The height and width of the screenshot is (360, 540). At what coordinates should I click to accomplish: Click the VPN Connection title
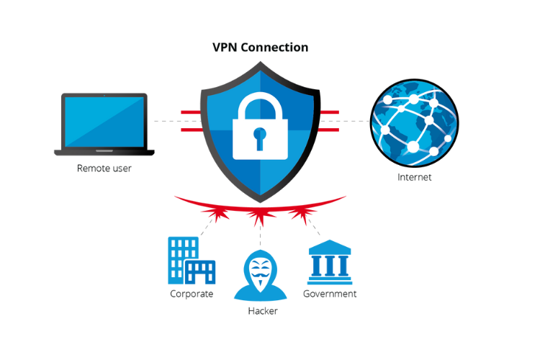click(x=260, y=48)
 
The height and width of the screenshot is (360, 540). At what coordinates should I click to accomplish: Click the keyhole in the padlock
click(x=259, y=136)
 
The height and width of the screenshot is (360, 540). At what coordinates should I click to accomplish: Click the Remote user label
click(x=104, y=168)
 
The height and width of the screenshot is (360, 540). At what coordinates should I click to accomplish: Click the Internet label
click(x=414, y=177)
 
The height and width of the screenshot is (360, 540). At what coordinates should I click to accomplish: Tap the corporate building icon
click(x=191, y=261)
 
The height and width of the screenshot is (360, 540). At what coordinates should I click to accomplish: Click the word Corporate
click(x=192, y=294)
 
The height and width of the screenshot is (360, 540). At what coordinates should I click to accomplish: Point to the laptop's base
click(x=104, y=152)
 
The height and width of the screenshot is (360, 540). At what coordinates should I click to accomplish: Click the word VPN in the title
click(x=225, y=48)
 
